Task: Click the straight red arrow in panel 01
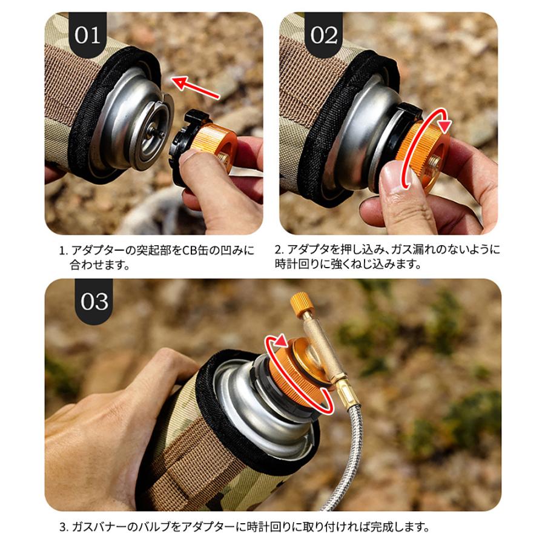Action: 196,88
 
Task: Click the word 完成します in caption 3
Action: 400,527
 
